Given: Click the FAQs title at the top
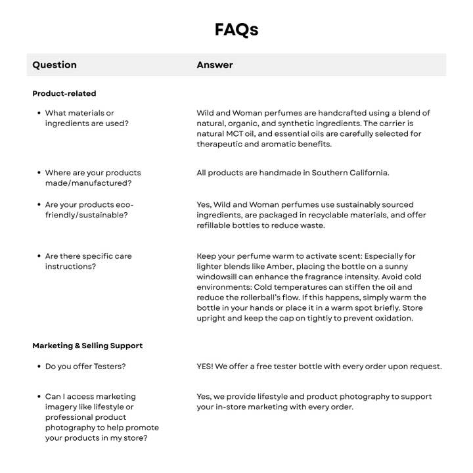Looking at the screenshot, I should point(236,30).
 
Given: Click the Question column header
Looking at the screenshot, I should point(55,65).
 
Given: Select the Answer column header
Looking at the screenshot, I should point(215,65).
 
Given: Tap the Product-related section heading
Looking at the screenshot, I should point(64,93).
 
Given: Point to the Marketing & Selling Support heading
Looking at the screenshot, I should point(87,346).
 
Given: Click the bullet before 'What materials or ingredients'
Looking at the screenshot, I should point(39,114).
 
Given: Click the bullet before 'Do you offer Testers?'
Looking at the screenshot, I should point(39,366).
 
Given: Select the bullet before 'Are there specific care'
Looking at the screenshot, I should point(39,256).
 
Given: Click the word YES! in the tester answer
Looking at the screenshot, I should point(205,366).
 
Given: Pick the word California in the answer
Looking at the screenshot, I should point(368,173).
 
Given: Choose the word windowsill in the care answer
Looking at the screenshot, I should point(219,277).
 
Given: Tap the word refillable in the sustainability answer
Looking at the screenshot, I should point(215,225).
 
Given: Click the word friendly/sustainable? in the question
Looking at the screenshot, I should point(87,215).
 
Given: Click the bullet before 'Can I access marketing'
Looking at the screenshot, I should point(39,397).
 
